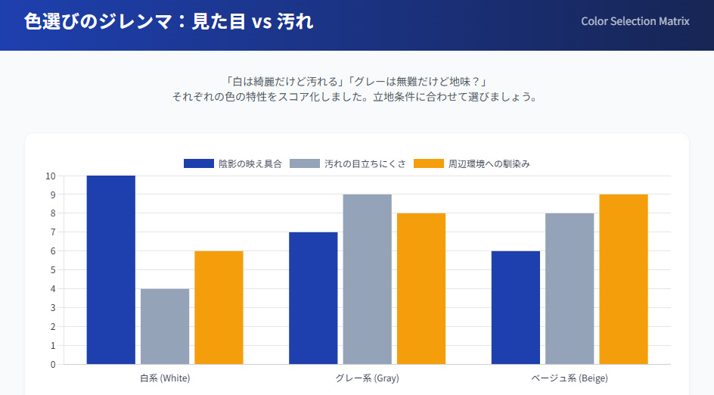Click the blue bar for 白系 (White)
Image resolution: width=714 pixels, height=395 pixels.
click(x=110, y=270)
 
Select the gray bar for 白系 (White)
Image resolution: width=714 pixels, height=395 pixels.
click(x=165, y=326)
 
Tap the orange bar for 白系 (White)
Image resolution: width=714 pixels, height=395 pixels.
click(x=219, y=307)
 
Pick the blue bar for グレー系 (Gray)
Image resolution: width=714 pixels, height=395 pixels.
click(x=313, y=298)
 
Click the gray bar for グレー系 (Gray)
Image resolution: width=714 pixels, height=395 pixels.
click(x=367, y=279)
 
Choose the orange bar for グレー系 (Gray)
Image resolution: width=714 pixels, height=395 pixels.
click(x=421, y=288)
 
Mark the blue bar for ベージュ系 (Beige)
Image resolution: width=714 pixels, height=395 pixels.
click(x=515, y=307)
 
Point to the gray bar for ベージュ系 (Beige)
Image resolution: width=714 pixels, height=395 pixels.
click(x=570, y=288)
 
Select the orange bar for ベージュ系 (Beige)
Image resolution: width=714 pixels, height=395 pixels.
click(x=623, y=279)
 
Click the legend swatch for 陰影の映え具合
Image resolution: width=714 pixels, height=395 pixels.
click(x=199, y=163)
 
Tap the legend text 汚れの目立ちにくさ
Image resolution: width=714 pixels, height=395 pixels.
click(x=365, y=163)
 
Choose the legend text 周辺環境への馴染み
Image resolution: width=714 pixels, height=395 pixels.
click(x=489, y=163)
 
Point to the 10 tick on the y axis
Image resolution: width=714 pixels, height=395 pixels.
click(x=51, y=176)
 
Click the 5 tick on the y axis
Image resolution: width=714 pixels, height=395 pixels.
click(x=53, y=270)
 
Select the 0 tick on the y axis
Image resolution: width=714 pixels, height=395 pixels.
click(x=53, y=365)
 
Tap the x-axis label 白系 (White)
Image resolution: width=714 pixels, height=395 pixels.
click(x=165, y=378)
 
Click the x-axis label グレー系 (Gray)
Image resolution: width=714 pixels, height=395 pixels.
click(x=367, y=378)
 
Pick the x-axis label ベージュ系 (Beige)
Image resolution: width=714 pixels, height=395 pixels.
click(x=570, y=378)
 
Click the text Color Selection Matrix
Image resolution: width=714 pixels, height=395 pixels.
click(x=635, y=21)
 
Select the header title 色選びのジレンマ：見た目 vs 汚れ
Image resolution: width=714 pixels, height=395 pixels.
click(x=169, y=22)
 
